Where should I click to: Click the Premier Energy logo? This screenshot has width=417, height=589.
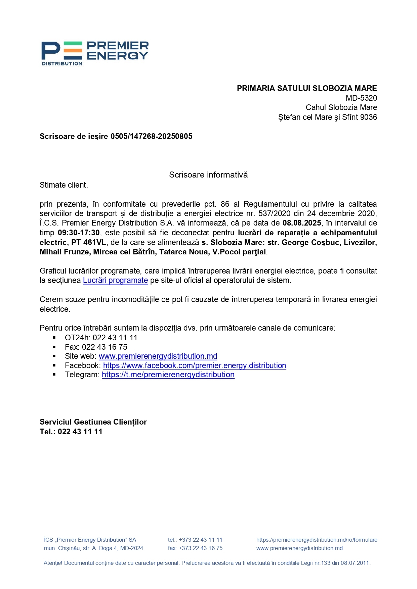95,53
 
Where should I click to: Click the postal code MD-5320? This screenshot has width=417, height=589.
361,98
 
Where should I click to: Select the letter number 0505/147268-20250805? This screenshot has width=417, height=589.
151,136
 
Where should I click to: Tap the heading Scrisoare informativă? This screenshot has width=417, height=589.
208,175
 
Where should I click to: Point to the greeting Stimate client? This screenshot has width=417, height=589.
64,185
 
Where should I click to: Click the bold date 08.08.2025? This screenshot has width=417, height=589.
302,223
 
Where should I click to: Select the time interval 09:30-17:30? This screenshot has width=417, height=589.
79,233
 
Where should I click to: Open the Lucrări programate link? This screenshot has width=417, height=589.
115,281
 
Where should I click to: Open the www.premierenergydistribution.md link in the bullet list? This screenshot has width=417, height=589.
158,356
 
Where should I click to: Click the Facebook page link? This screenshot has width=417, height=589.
195,365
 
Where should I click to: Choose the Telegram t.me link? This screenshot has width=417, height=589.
168,375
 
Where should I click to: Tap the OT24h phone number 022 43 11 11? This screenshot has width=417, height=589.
115,338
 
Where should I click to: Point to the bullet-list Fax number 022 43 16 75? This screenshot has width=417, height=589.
105,347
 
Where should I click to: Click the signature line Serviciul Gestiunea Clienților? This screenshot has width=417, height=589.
93,422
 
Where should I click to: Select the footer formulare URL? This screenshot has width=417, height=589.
317,540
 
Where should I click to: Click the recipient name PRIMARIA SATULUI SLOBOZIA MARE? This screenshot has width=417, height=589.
307,88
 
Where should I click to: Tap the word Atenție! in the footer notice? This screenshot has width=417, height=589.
53,563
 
